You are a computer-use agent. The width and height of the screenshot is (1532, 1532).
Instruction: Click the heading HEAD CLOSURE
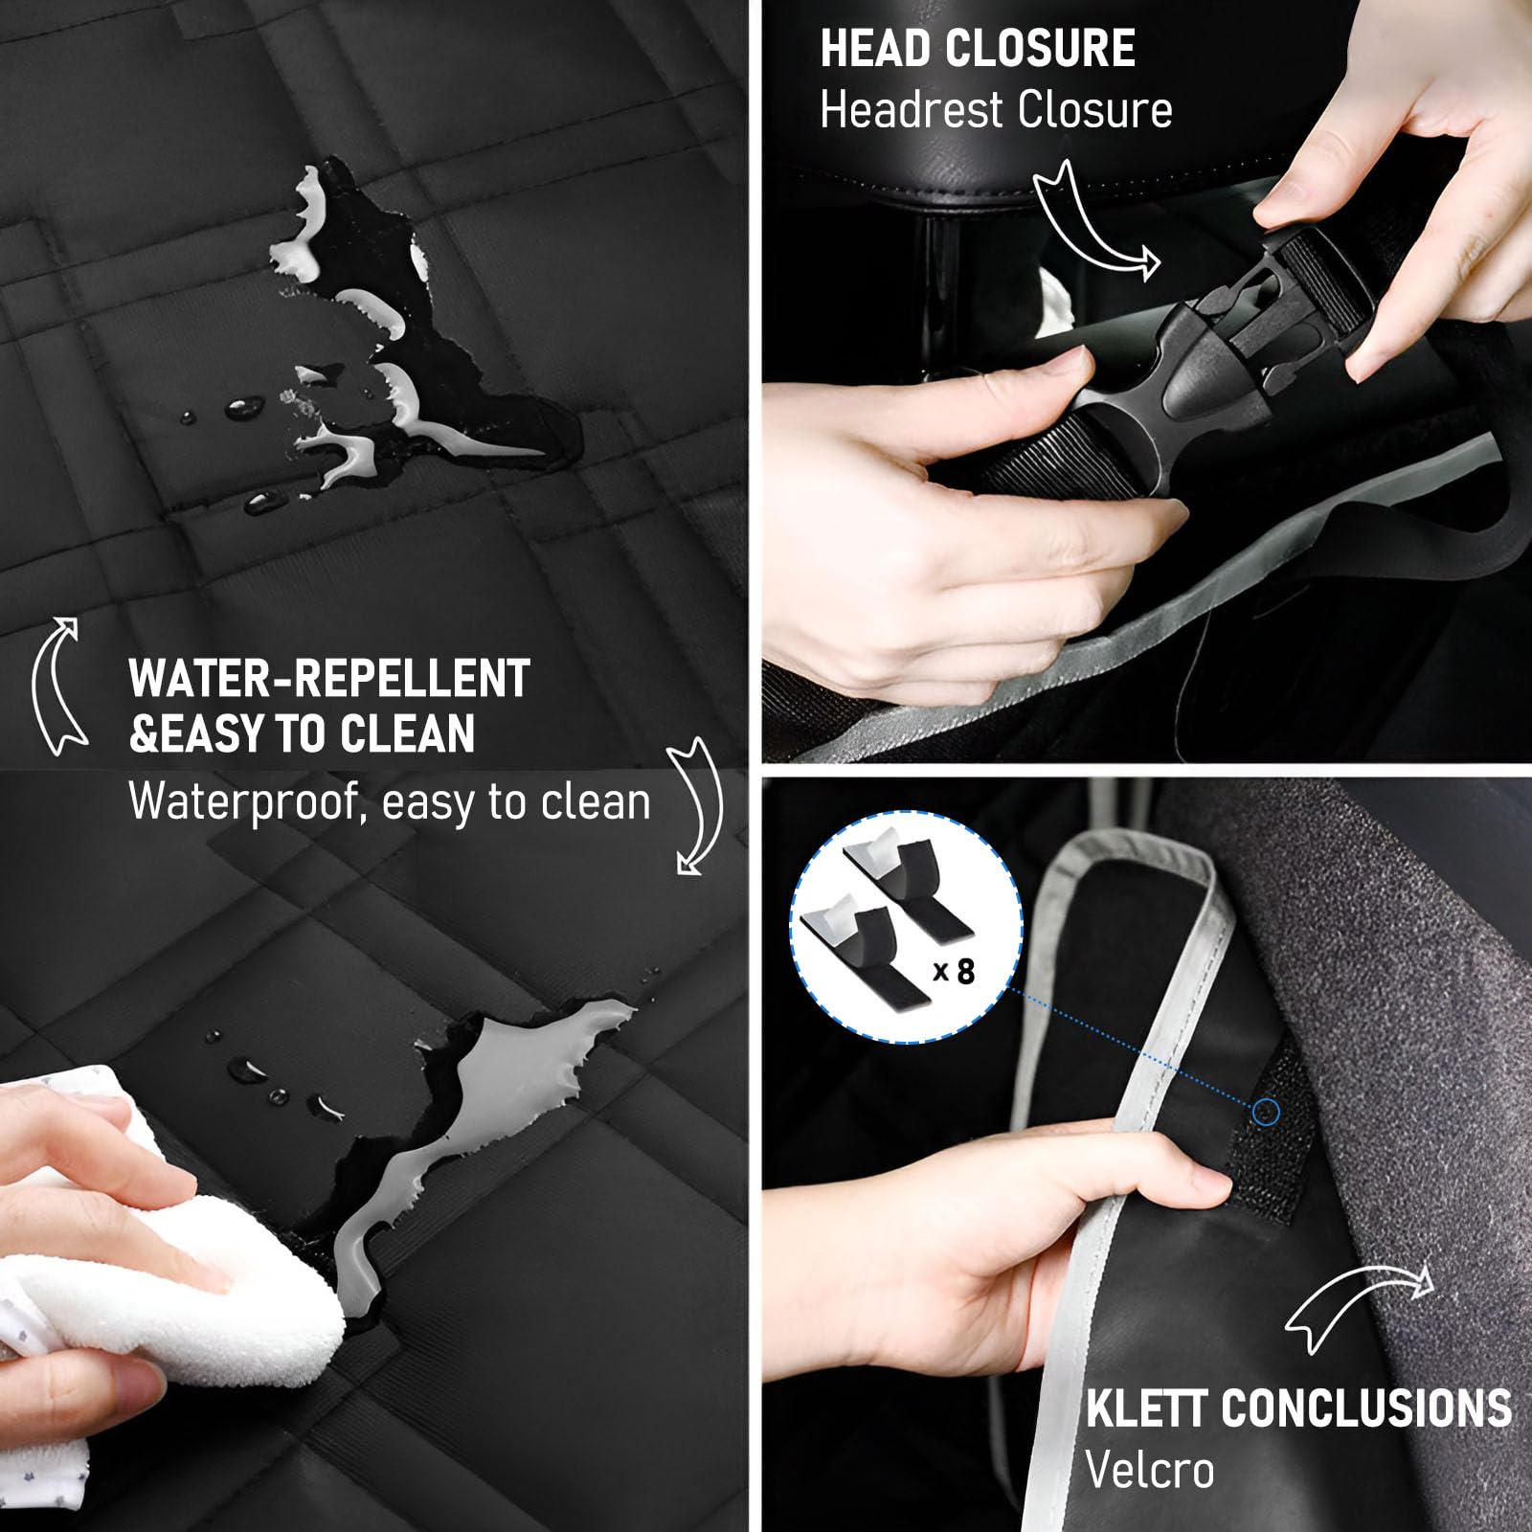click(978, 49)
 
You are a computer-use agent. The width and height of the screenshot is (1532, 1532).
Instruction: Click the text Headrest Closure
click(996, 109)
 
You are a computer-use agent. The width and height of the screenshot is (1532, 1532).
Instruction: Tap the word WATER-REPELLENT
click(328, 679)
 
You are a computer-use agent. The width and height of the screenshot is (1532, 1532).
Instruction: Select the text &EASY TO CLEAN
click(302, 733)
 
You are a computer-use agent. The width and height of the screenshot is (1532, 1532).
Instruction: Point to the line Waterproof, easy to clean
click(390, 801)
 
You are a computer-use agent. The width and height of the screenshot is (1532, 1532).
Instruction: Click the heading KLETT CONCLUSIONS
click(1298, 1408)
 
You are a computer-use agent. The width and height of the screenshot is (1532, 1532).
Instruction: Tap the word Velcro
click(1150, 1469)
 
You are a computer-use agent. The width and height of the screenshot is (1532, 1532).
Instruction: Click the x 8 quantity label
click(955, 972)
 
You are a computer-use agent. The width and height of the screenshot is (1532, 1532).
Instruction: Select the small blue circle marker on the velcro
click(1266, 1112)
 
